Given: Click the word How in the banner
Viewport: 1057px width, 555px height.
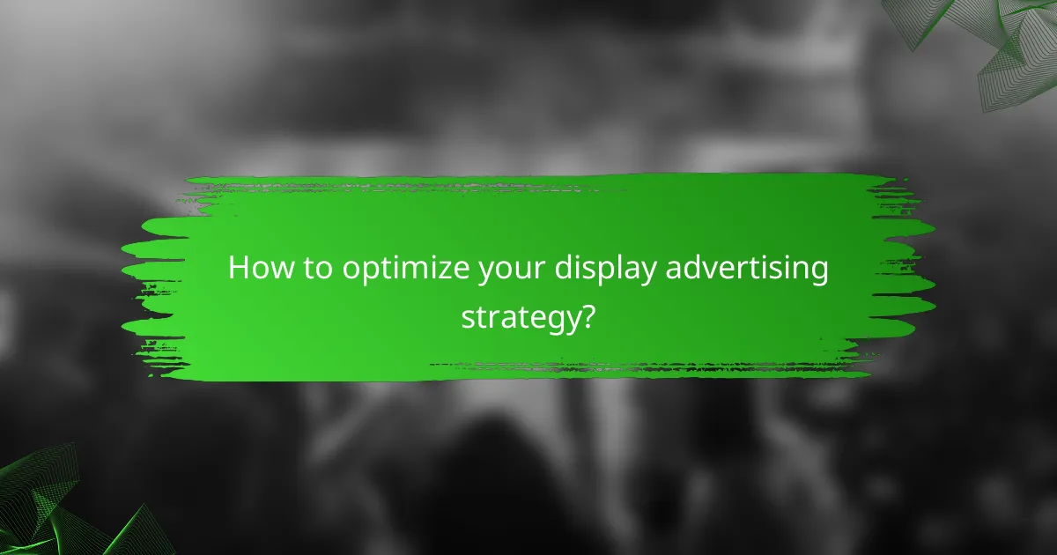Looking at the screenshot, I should point(256,269).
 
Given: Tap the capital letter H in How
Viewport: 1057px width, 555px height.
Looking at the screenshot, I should point(238,269).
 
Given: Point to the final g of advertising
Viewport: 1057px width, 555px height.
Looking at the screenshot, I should point(818,273).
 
